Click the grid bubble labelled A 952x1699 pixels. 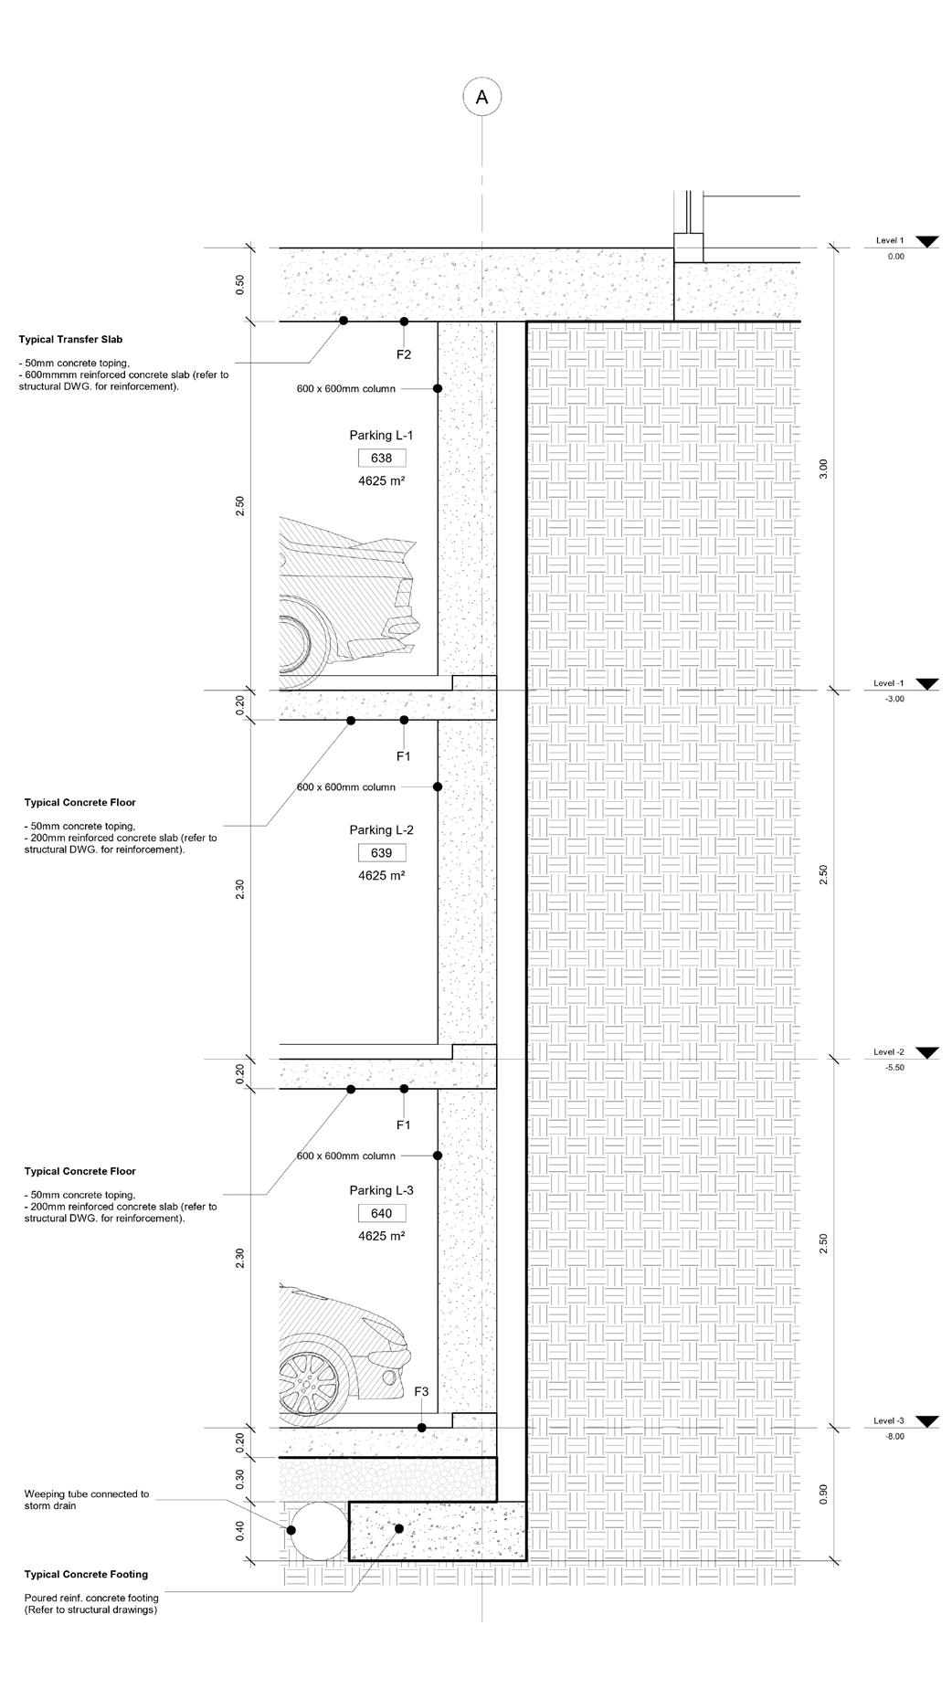click(x=482, y=97)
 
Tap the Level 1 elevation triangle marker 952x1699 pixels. click(x=927, y=242)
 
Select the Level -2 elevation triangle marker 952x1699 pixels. click(x=927, y=1053)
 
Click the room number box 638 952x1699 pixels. click(x=382, y=459)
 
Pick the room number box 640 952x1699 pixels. click(x=382, y=1214)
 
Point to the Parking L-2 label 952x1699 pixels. click(x=382, y=830)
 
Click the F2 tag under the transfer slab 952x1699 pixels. click(x=404, y=354)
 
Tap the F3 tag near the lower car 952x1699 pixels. click(x=421, y=1391)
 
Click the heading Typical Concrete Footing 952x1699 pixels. click(x=86, y=1575)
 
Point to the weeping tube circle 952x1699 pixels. click(x=313, y=1530)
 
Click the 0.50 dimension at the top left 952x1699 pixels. click(x=240, y=285)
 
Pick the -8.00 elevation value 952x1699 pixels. click(x=894, y=1437)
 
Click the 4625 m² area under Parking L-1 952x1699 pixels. click(x=382, y=480)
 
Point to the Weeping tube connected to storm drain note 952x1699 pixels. click(x=86, y=1500)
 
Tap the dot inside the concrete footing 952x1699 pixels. click(x=398, y=1528)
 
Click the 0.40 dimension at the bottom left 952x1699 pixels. click(x=240, y=1530)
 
